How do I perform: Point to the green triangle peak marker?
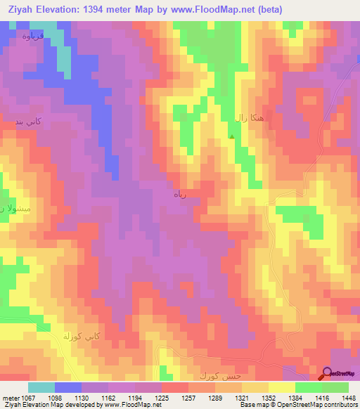click(232, 137)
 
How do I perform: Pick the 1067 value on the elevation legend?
click(29, 397)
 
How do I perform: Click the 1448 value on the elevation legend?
click(348, 397)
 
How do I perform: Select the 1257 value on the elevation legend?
click(188, 397)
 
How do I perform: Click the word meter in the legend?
click(10, 397)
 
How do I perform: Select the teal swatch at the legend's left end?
click(41, 387)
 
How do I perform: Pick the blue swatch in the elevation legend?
click(68, 387)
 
